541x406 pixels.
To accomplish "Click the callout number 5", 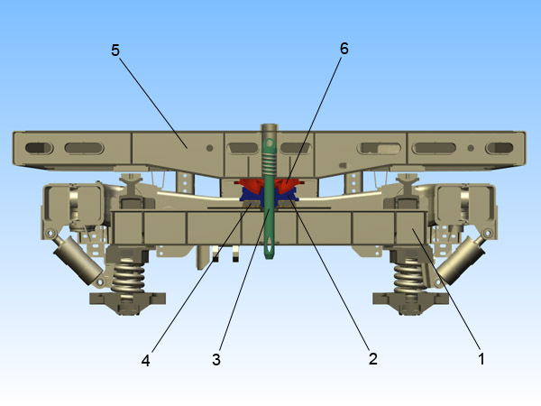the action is [115, 50].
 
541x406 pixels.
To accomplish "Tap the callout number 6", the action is [344, 49].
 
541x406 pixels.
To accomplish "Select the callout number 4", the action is [145, 360].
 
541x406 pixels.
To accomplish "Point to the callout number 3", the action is [216, 359].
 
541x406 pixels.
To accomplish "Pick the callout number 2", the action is [372, 359].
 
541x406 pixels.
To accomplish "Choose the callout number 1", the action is [481, 358].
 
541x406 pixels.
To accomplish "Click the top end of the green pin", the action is [269, 127].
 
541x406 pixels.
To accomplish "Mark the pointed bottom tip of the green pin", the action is [269, 258].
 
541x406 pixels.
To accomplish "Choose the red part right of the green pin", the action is [289, 189].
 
